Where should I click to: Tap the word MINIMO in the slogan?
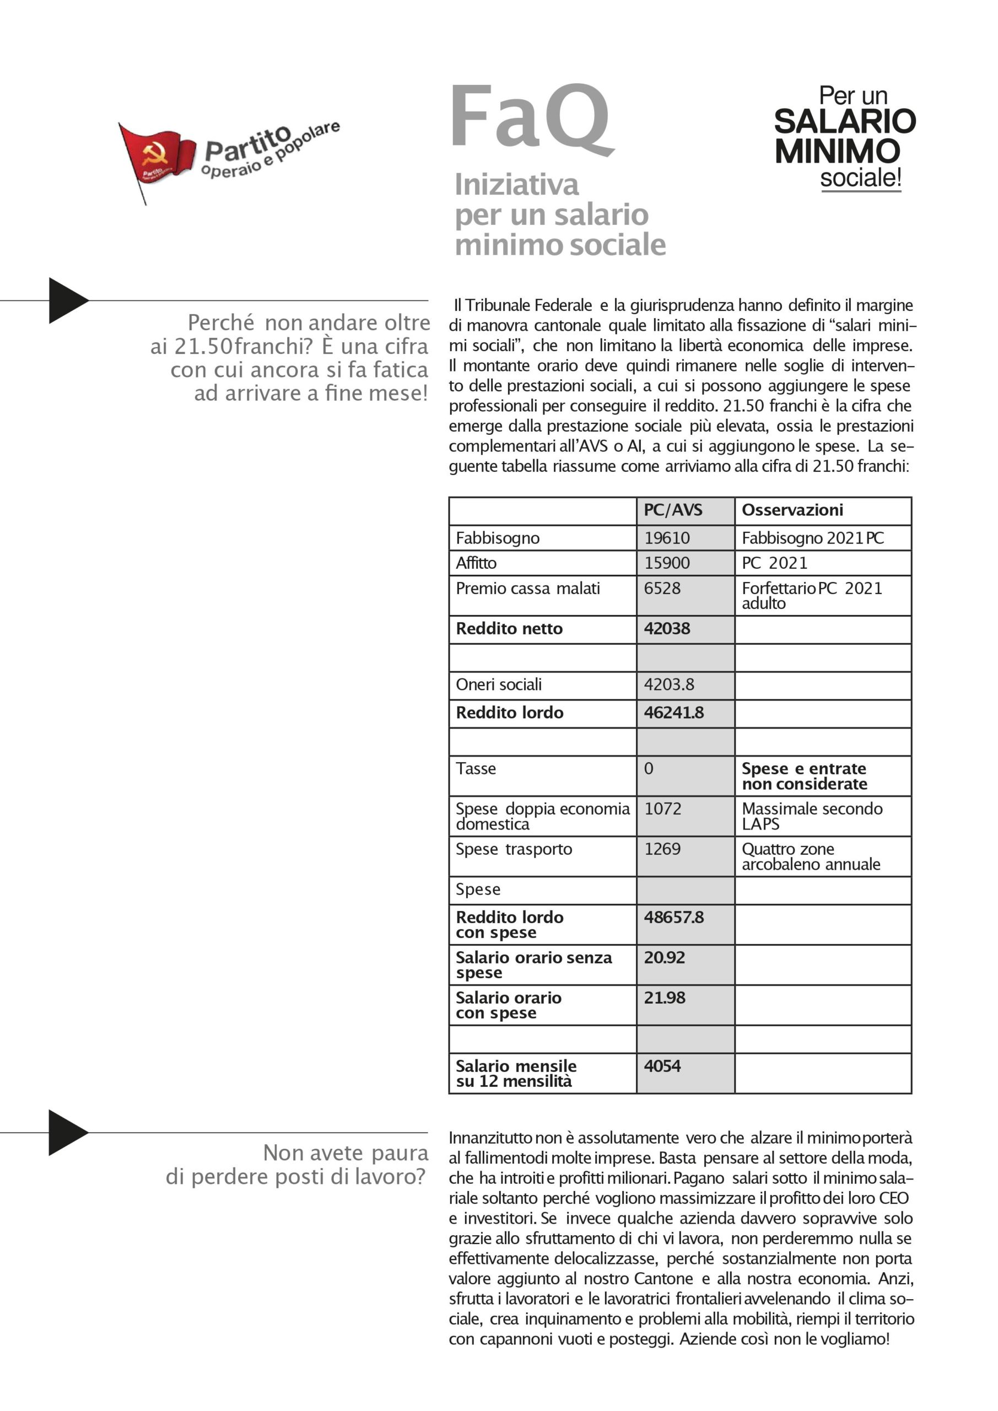click(x=837, y=151)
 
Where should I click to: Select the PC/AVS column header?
click(x=673, y=510)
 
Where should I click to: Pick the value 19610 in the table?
click(x=667, y=538)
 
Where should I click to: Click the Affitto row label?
click(x=476, y=563)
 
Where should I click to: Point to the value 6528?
click(x=662, y=588)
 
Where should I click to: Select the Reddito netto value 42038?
click(x=667, y=628)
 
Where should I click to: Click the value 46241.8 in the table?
click(x=673, y=712)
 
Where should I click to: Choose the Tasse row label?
click(x=476, y=768)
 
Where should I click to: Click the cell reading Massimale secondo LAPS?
click(x=811, y=816)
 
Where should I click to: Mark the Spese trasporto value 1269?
click(x=662, y=849)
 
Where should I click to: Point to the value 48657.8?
click(x=673, y=917)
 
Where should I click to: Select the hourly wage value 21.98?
click(x=664, y=998)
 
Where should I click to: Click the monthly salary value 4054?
click(x=662, y=1065)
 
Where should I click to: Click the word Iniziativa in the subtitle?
click(x=516, y=184)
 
